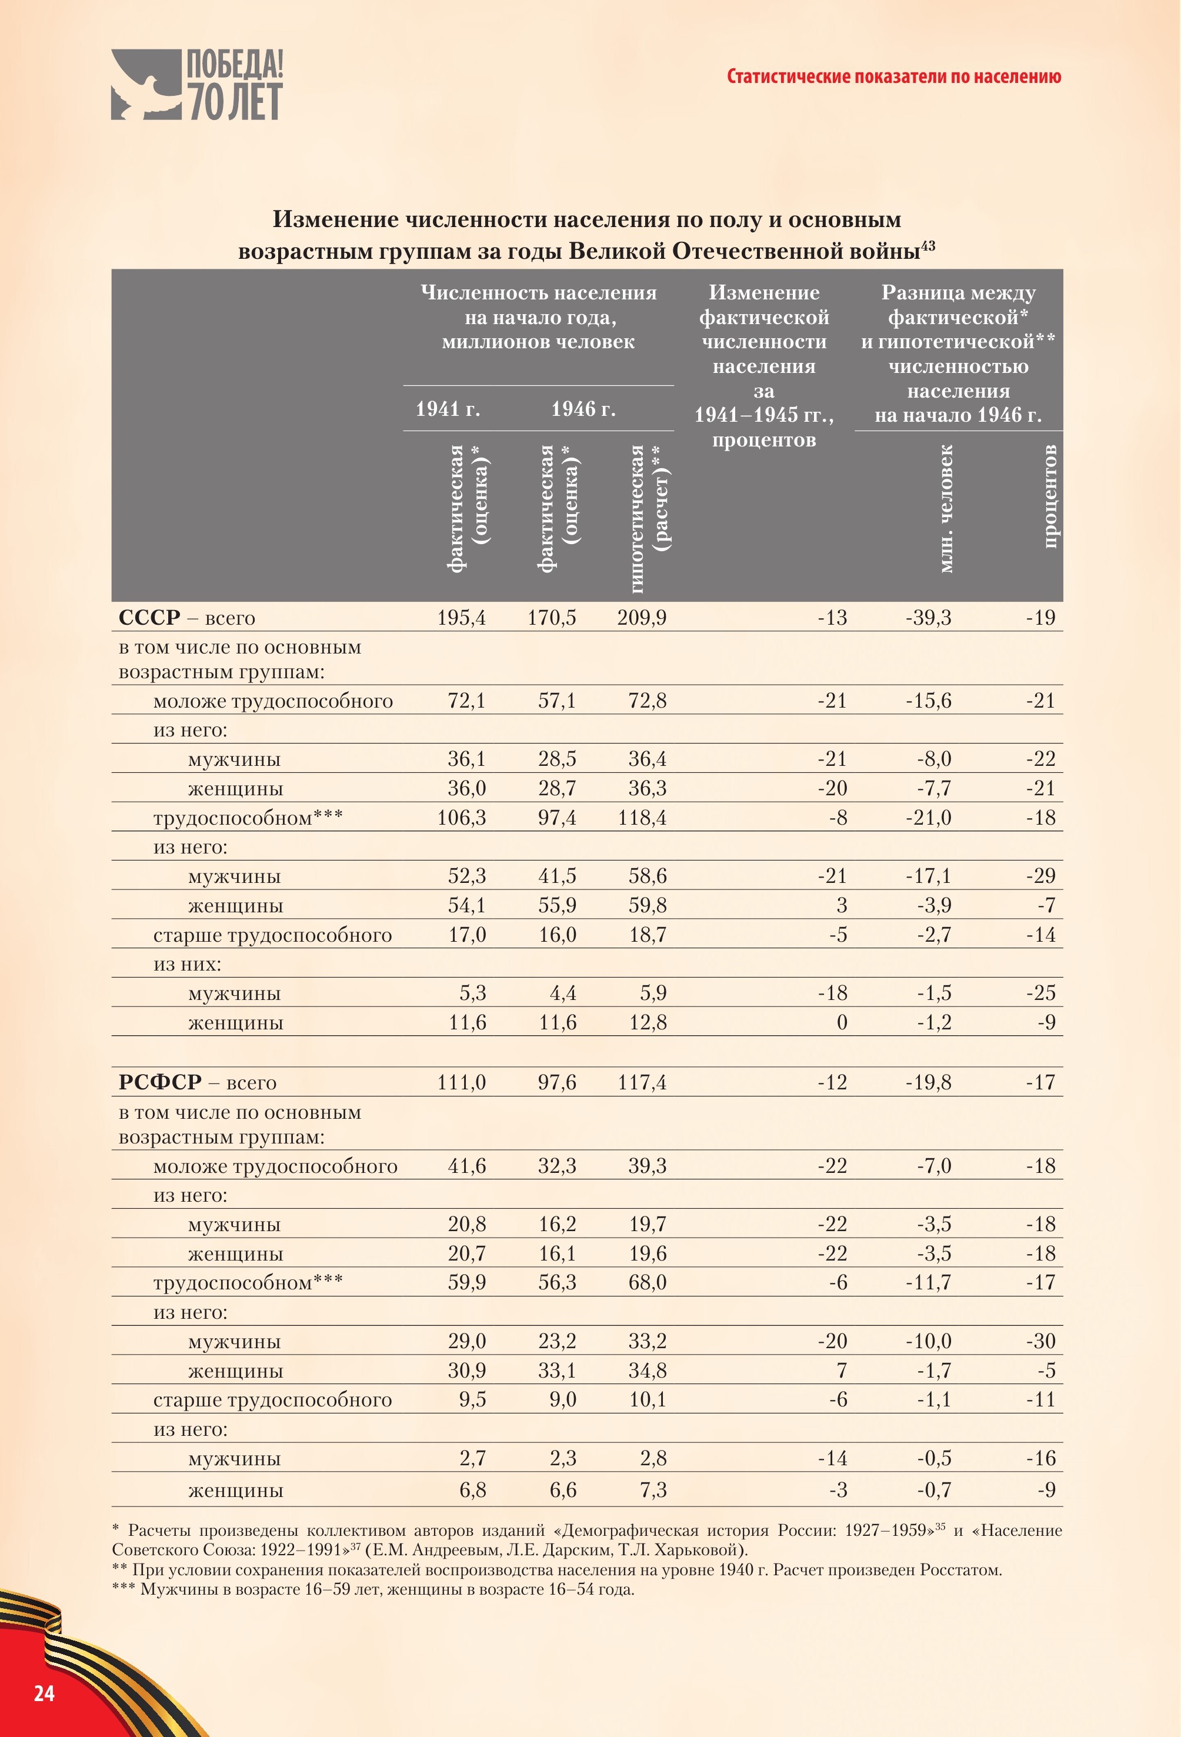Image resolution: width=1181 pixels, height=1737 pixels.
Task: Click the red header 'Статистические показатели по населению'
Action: [893, 76]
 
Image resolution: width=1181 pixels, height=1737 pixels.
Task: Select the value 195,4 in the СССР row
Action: [461, 618]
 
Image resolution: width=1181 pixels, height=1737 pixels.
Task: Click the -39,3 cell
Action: [928, 618]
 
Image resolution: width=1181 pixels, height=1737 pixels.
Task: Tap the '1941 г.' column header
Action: [448, 409]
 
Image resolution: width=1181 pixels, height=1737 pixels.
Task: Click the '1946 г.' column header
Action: [583, 409]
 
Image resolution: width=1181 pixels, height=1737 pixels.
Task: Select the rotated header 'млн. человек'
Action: [946, 509]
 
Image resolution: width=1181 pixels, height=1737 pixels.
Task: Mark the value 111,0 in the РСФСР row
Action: [461, 1082]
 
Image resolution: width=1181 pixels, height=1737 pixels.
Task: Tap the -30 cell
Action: [1040, 1341]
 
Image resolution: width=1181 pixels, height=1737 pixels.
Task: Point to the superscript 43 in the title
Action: [928, 245]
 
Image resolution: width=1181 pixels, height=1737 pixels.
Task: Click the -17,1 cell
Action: [928, 876]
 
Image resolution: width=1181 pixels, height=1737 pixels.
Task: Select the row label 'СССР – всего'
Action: [187, 618]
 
